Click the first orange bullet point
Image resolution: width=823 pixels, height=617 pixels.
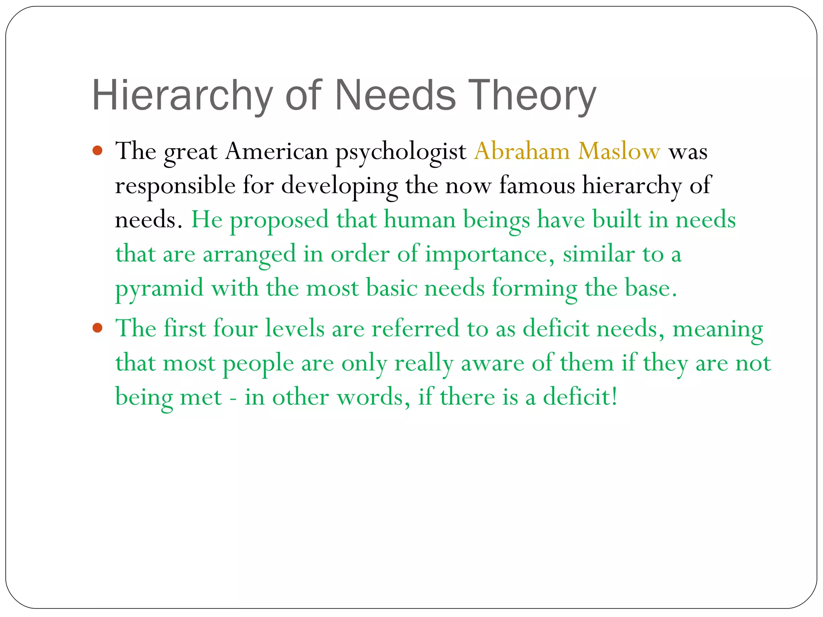coord(97,151)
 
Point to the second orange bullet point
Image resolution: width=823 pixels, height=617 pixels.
coord(97,328)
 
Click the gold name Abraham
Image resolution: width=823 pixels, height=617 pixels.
coord(522,151)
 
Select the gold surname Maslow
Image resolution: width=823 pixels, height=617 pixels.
coord(619,151)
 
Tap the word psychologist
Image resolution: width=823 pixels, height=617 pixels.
coord(401,153)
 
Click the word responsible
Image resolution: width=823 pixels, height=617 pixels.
coord(174,186)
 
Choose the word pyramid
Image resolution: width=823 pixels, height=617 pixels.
coord(159,289)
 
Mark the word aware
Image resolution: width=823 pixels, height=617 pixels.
coord(492,363)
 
